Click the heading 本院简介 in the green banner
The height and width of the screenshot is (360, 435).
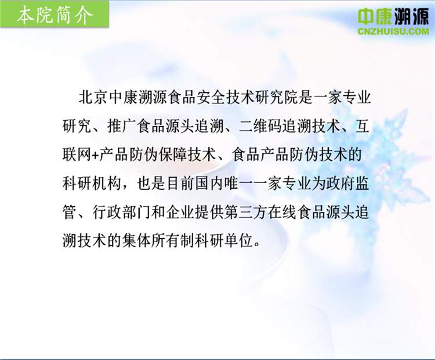pos(55,15)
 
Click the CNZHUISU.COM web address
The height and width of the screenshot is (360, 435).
pos(393,31)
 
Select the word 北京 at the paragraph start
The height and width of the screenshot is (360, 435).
pos(93,98)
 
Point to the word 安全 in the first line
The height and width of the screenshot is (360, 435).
pos(211,98)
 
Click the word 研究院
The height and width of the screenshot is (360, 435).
pos(277,98)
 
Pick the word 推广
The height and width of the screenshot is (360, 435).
pos(122,127)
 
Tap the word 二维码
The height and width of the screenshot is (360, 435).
pos(260,127)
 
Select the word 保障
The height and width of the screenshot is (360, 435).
pos(173,155)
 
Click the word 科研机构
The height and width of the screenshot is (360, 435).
pos(92,183)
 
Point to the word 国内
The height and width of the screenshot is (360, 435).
pos(209,183)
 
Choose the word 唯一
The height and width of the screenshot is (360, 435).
pos(238,183)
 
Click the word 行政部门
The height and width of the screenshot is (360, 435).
pos(122,213)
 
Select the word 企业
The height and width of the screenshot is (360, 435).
pos(180,213)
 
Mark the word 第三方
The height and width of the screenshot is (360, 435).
pos(246,213)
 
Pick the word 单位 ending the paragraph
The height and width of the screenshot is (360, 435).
pos(239,240)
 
